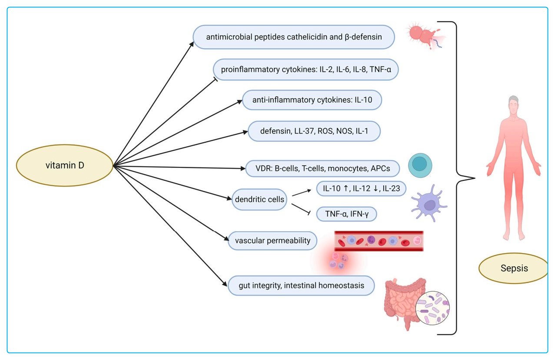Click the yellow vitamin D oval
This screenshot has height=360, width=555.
(64, 165)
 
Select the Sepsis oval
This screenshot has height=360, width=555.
(513, 268)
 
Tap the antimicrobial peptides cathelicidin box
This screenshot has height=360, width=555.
(294, 37)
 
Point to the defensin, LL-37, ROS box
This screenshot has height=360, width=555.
(314, 131)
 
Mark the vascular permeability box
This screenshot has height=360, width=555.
(272, 240)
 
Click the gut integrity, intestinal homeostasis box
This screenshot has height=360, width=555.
(301, 286)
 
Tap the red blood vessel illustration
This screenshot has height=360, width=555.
(379, 241)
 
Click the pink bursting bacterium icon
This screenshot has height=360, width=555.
(422, 34)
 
